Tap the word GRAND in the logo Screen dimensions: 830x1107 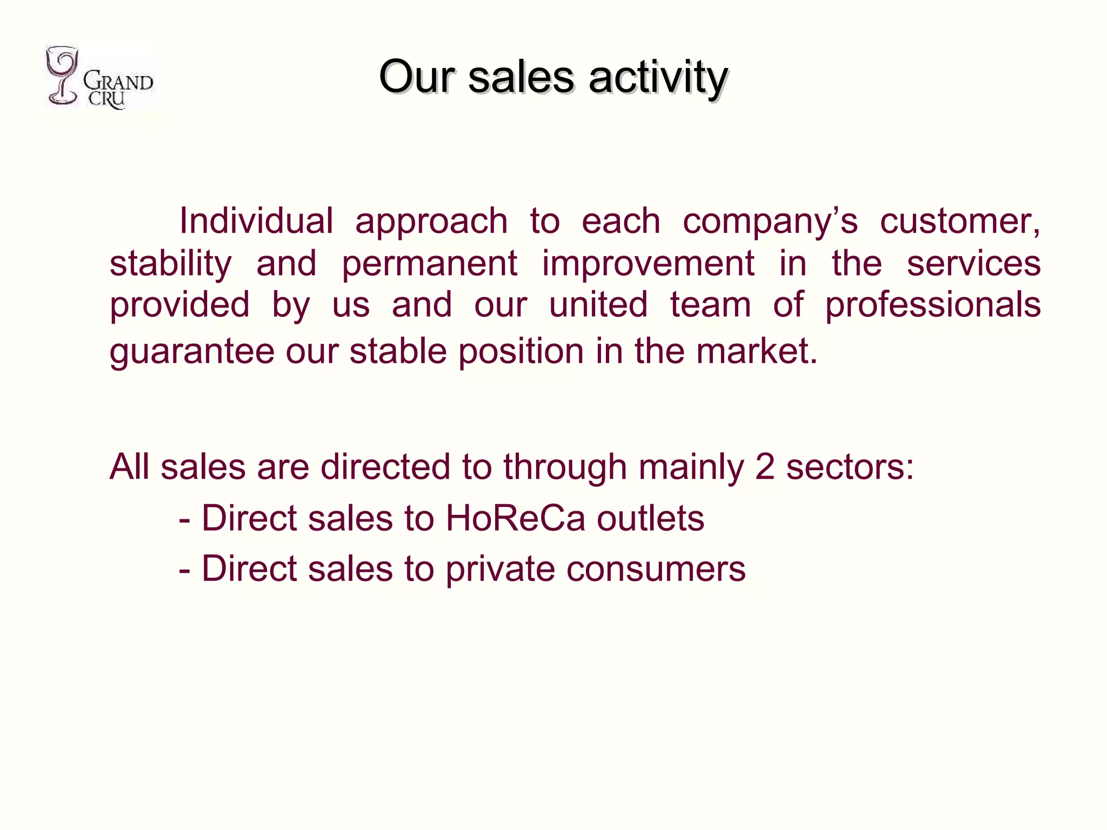[118, 82]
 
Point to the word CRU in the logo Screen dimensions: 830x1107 [107, 99]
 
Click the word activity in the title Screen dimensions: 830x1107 [658, 77]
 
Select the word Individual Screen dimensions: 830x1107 [256, 221]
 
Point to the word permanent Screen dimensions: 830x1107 [430, 265]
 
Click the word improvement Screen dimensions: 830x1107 [648, 265]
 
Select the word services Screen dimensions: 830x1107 [973, 264]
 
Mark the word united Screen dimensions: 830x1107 [598, 304]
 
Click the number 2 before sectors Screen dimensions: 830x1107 [765, 467]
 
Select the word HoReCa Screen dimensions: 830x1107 [515, 518]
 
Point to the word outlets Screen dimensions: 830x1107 [650, 518]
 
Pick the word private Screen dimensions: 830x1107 [500, 570]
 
